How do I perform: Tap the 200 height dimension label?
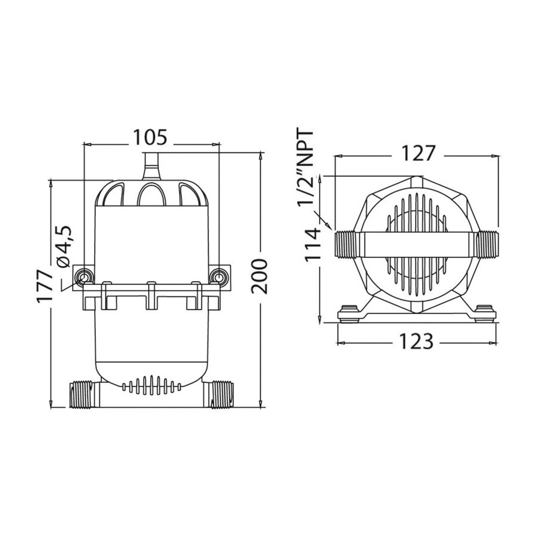[x=259, y=276]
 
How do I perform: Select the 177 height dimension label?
[x=45, y=286]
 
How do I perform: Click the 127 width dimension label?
[x=417, y=153]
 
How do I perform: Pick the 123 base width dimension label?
[x=416, y=341]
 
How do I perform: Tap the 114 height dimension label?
[x=313, y=245]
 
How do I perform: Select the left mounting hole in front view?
[x=83, y=276]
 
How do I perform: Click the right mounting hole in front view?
[x=218, y=276]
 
